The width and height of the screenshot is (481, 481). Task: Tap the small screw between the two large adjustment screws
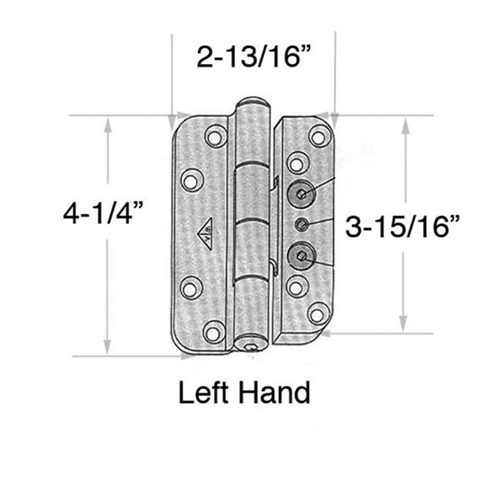[301, 225]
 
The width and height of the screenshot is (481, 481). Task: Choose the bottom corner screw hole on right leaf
[317, 314]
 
